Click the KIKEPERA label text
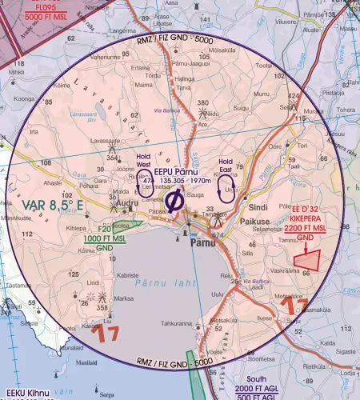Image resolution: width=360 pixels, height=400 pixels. (309, 219)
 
